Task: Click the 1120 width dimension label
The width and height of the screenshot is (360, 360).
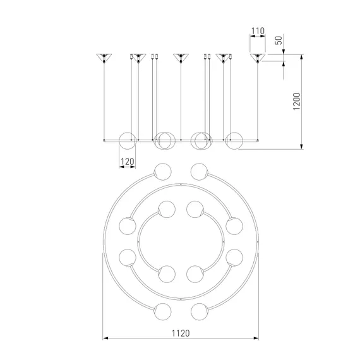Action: (x=181, y=333)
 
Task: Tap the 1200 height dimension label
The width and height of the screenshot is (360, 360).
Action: (x=297, y=101)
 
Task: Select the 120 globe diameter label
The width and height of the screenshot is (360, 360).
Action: (x=127, y=162)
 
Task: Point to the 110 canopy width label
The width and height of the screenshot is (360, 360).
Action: (x=258, y=31)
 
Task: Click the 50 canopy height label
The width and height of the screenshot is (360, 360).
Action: (x=279, y=40)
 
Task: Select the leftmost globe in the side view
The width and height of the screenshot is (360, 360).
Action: (x=128, y=141)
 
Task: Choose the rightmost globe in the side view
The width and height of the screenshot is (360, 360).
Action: (x=234, y=141)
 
